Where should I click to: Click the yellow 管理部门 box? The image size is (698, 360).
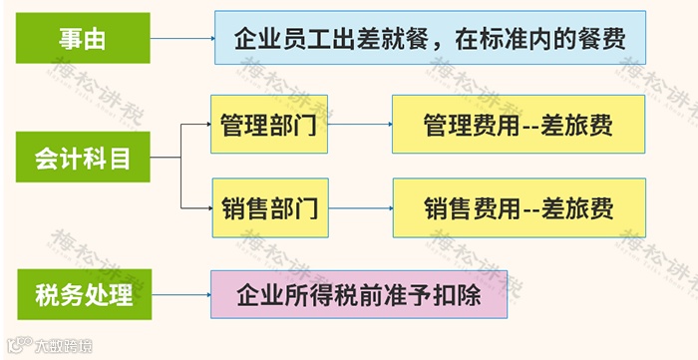268,125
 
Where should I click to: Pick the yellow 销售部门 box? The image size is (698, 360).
268,208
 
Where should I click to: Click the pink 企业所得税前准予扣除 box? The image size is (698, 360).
358,294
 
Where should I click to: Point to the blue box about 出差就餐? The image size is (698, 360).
428,39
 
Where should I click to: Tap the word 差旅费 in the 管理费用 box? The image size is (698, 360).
579,126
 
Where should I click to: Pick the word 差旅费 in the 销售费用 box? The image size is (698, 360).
579,209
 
